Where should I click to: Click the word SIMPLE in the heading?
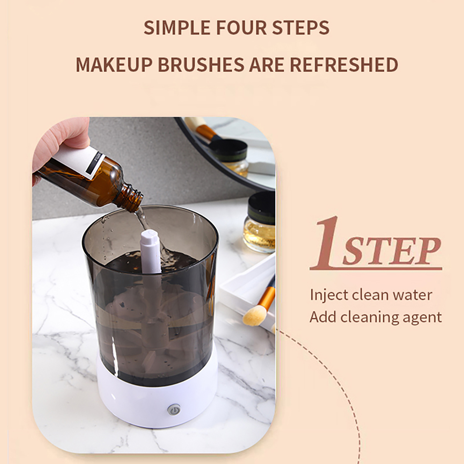point(177,28)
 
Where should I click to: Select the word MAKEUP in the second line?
point(114,65)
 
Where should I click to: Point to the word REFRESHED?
point(344,65)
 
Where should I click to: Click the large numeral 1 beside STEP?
point(326,242)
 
